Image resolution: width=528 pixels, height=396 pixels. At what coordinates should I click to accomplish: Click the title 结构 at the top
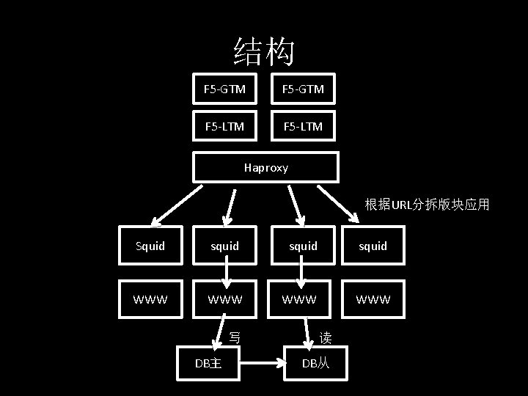tap(264, 51)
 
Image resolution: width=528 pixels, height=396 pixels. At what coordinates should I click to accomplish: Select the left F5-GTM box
tap(224, 89)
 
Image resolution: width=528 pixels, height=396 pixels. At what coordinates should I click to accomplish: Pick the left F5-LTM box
tap(224, 127)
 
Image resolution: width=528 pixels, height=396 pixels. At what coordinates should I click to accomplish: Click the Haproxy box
tap(265, 167)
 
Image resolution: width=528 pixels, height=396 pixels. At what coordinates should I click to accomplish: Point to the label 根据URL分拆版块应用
tap(427, 205)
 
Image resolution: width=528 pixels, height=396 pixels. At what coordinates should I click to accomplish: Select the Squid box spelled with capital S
tap(150, 246)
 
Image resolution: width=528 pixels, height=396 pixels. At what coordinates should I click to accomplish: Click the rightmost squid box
tap(373, 246)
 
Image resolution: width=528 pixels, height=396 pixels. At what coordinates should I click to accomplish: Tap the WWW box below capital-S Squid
tap(150, 299)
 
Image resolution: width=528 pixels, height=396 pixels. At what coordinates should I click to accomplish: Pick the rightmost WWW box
tap(373, 299)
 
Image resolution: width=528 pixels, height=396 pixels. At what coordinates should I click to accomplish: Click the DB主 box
tap(208, 363)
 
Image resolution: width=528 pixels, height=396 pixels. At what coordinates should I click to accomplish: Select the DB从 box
tap(316, 363)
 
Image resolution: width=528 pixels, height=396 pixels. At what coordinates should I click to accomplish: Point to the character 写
tap(235, 338)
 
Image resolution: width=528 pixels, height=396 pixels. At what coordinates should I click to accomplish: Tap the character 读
tap(326, 338)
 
